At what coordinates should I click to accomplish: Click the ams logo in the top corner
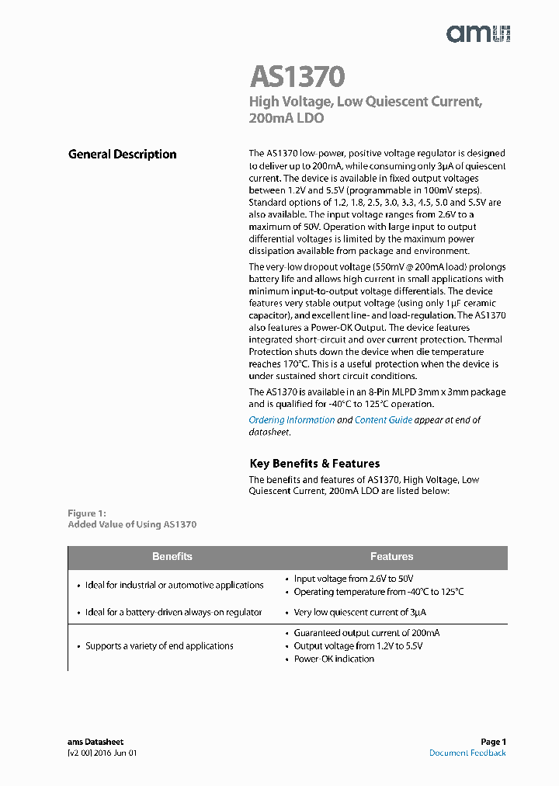point(477,33)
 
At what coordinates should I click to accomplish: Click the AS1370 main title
point(297,77)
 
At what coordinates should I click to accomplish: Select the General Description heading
point(123,155)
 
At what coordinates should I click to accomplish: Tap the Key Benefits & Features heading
point(314,464)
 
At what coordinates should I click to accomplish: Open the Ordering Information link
point(291,420)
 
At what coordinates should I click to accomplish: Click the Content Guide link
point(384,420)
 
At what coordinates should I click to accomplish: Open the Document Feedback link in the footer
point(467,753)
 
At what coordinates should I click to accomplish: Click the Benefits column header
point(172,557)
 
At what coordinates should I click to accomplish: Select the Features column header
point(392,557)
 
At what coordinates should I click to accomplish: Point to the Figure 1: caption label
point(86,513)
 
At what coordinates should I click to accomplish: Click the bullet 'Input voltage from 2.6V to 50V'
point(353,579)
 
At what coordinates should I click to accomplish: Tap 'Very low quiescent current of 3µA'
point(359,613)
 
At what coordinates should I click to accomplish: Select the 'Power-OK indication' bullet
point(334,659)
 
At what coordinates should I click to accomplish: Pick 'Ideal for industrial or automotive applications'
point(174,586)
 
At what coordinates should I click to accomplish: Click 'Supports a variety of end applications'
point(159,646)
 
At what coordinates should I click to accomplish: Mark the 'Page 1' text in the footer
point(493,743)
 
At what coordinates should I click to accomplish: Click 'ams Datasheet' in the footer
point(95,743)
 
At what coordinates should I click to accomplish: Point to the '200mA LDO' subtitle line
point(286,119)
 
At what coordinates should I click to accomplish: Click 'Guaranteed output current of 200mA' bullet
point(366,633)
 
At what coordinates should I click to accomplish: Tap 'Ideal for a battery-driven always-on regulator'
point(173,613)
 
